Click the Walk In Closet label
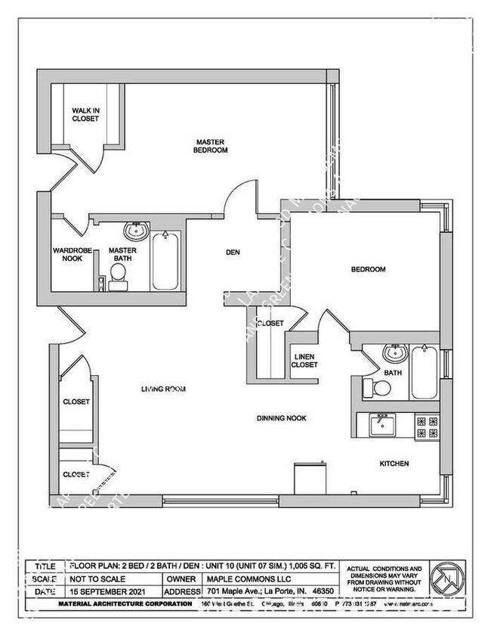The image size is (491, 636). pos(85,114)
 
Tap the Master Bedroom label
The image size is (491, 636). pos(212,145)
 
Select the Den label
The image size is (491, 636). pos(233,253)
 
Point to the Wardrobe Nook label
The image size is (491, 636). pos(72,254)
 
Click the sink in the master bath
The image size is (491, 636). pos(136,230)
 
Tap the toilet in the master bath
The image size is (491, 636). pos(118,281)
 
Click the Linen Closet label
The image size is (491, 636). pos(305,360)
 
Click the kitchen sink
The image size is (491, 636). pos(381,425)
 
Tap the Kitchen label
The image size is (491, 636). pos(395,463)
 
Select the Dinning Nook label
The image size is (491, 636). pos(281,416)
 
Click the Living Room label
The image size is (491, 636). pos(163,389)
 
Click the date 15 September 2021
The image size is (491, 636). pos(105,591)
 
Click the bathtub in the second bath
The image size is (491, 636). pos(424,373)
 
